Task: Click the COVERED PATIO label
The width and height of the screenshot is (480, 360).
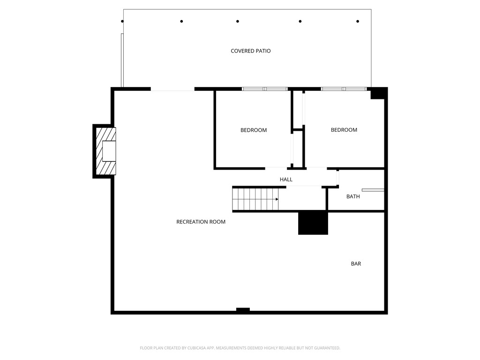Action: [250, 51]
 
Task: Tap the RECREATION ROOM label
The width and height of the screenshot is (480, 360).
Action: [201, 222]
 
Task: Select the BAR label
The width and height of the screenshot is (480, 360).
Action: [356, 263]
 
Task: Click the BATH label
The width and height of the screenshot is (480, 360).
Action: [353, 196]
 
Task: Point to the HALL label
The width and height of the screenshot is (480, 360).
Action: [286, 180]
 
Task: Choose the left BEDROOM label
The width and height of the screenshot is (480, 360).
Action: [254, 130]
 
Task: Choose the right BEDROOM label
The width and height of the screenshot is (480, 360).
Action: [344, 130]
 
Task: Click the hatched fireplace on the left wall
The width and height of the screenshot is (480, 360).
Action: [105, 151]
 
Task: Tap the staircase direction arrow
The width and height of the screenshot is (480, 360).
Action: [277, 199]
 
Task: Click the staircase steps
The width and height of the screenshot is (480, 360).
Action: [253, 199]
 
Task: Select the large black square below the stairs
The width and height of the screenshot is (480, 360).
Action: [313, 223]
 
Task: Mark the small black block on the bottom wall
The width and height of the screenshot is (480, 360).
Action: [243, 310]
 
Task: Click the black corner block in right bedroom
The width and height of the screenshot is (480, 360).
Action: [377, 94]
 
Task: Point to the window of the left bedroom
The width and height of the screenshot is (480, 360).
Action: [265, 89]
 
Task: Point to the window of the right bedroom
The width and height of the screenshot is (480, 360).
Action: [344, 89]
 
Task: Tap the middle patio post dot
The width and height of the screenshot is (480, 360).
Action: [238, 21]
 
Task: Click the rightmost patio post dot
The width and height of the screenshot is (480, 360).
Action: [358, 21]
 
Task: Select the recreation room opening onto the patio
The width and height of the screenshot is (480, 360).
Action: [172, 89]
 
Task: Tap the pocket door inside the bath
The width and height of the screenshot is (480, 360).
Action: [373, 190]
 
